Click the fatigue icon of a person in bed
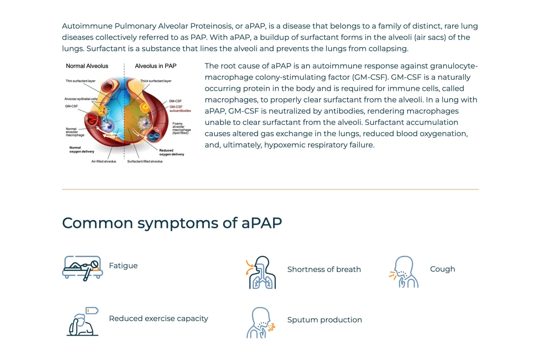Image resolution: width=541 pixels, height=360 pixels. (x=83, y=268)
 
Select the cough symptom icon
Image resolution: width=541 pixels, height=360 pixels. (x=404, y=272)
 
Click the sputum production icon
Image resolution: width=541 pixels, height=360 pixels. (x=261, y=323)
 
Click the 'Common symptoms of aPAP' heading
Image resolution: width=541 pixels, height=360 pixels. (x=172, y=223)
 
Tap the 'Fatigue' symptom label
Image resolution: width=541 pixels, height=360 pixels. (x=123, y=266)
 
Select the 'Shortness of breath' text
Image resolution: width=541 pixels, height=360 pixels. (x=324, y=269)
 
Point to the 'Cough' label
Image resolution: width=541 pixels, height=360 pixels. (x=442, y=269)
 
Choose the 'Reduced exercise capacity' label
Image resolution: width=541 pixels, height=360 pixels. (x=158, y=318)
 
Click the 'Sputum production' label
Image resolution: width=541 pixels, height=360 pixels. (x=324, y=320)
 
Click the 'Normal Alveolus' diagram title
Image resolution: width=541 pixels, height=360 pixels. (x=87, y=66)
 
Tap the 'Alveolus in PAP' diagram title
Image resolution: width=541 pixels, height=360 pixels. (x=156, y=66)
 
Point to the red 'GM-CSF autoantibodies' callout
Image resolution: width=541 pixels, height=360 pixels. (x=180, y=108)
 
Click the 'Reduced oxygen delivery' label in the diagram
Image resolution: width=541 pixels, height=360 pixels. (x=171, y=152)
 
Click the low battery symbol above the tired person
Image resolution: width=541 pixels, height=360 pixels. (x=92, y=310)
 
